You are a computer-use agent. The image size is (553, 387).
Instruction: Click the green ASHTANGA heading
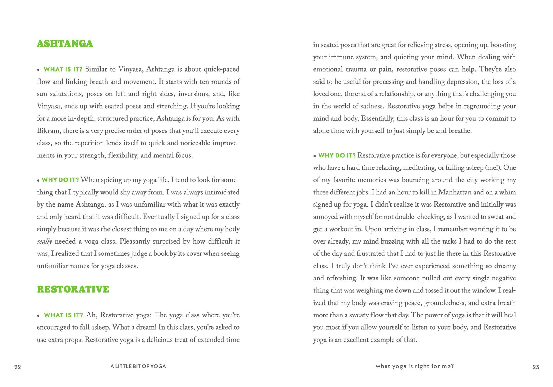[x=65, y=44]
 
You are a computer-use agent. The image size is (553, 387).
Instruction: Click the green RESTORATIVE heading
[x=73, y=289]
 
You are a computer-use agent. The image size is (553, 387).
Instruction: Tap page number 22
[x=18, y=367]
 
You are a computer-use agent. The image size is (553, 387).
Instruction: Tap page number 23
[x=536, y=367]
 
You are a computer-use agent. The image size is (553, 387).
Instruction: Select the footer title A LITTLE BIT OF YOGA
[x=138, y=367]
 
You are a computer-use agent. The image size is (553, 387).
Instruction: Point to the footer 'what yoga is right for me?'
[x=415, y=366]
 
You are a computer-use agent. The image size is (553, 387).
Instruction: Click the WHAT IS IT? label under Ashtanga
[x=63, y=69]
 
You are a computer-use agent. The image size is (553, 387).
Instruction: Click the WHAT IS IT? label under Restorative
[x=63, y=315]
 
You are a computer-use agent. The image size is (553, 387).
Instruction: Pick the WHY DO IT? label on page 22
[x=60, y=180]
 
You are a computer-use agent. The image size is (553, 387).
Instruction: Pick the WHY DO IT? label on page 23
[x=337, y=155]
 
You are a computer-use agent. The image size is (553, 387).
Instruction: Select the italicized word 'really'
[x=44, y=242]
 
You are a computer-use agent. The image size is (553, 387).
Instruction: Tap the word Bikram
[x=47, y=131]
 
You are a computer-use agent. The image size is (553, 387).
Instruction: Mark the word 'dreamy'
[x=505, y=266]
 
